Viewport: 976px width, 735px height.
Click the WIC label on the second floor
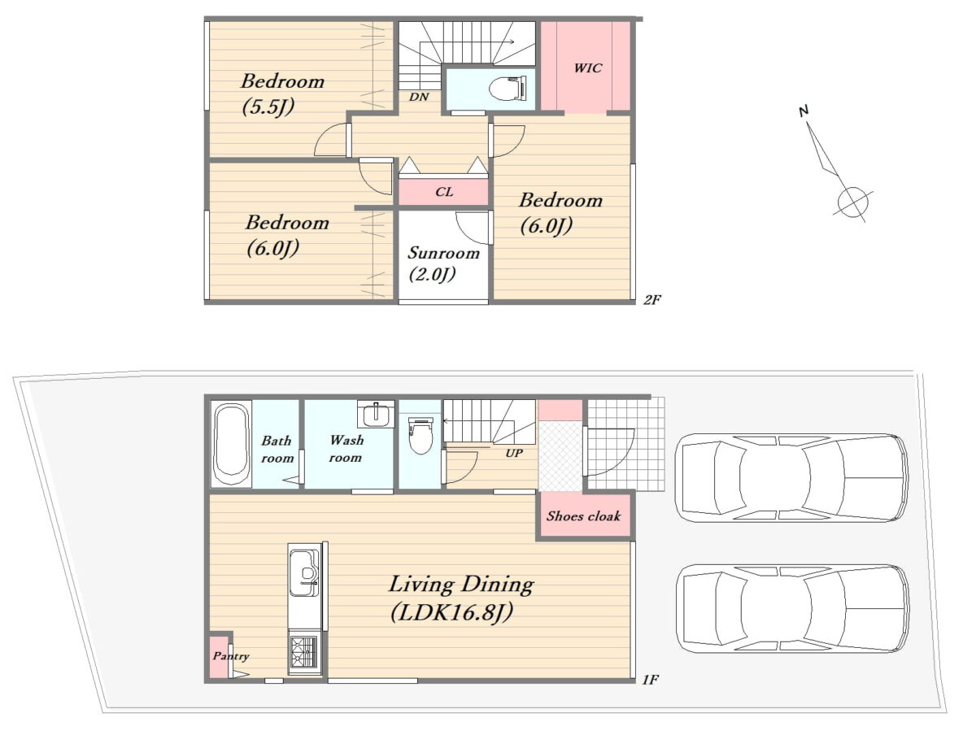[587, 68]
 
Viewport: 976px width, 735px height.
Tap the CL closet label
[444, 192]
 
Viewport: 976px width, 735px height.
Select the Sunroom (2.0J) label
[443, 263]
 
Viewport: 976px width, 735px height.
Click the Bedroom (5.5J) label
[282, 94]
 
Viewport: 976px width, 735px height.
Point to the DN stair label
[419, 97]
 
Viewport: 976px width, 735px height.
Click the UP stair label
[514, 453]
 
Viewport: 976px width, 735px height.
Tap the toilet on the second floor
[507, 88]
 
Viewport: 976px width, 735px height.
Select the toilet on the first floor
[420, 434]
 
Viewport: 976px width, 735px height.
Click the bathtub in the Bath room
[230, 443]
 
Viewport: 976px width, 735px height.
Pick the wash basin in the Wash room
[376, 415]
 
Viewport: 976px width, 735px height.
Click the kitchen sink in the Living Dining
[304, 572]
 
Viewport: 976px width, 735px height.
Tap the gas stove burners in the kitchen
[304, 652]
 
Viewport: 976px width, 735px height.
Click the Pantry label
[231, 656]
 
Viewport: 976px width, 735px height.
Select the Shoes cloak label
[583, 516]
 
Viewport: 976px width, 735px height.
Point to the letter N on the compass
[804, 111]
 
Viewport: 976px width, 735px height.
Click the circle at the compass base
[852, 202]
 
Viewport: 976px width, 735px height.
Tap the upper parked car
[791, 478]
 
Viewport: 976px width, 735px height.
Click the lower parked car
[792, 608]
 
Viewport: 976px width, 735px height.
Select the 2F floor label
[651, 300]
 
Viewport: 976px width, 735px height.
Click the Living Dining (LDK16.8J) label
[461, 598]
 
